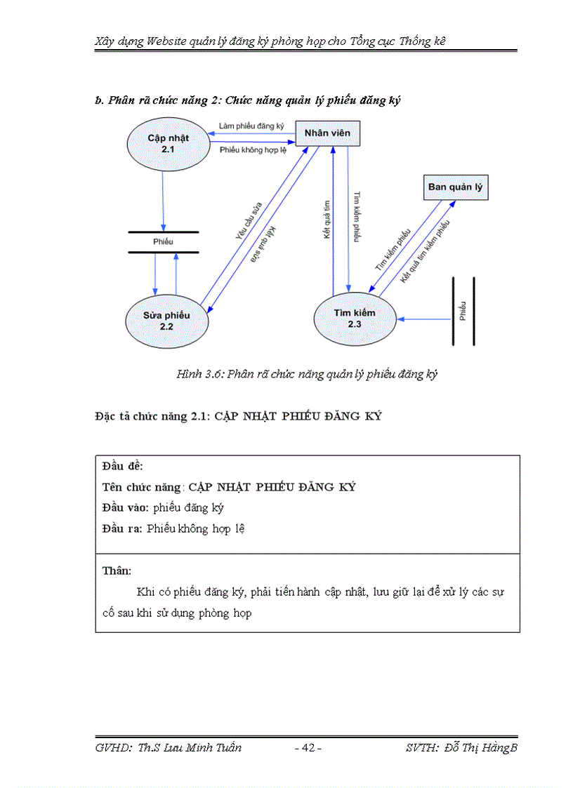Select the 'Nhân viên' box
327,133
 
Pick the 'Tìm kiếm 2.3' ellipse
354,319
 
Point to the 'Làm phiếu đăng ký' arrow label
251,126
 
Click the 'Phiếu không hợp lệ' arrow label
253,149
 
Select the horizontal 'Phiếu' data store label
163,241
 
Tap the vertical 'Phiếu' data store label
463,310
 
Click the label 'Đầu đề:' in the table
123,466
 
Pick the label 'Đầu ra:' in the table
121,528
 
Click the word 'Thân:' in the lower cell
117,570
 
